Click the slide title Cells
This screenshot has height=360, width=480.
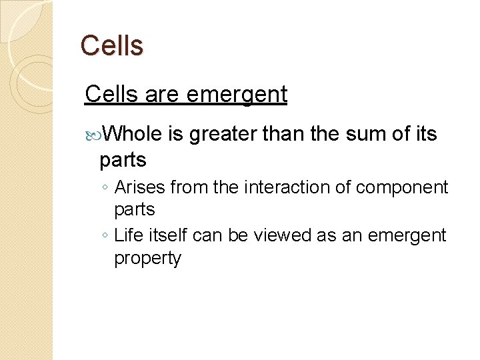[111, 46]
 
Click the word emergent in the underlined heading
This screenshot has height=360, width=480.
[237, 95]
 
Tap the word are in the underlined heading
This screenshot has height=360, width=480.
[162, 95]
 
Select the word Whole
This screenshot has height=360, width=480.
[133, 135]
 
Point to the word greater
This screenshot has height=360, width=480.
[223, 135]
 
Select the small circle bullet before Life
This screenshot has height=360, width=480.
[106, 236]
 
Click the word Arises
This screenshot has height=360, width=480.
[140, 188]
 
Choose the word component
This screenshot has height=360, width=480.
[402, 188]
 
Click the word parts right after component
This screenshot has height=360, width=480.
[135, 210]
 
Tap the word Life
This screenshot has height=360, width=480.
[129, 235]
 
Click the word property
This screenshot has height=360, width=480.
[148, 259]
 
